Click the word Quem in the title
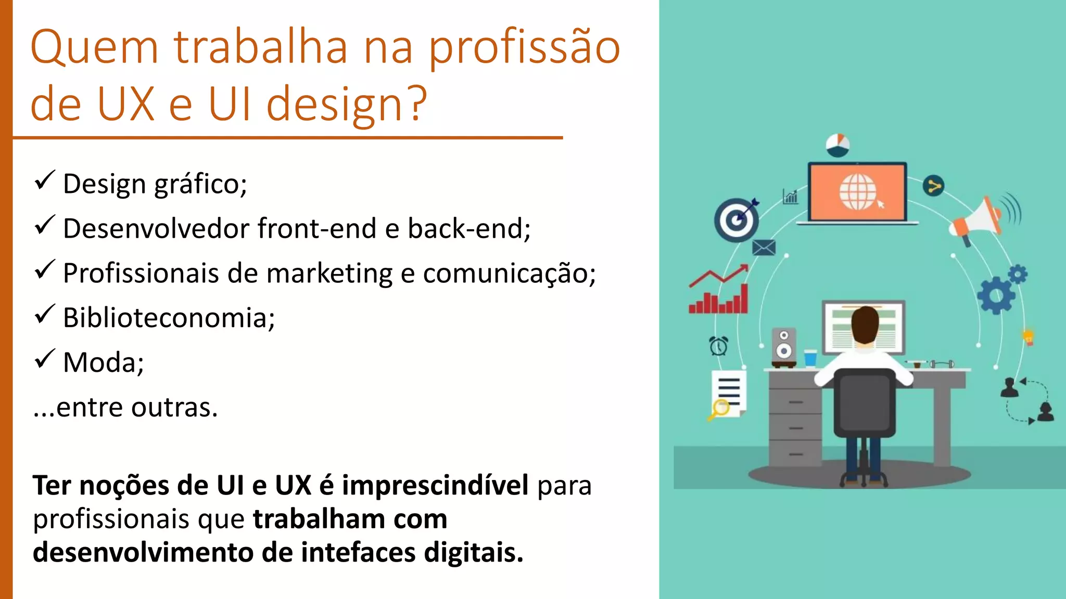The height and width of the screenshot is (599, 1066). [94, 48]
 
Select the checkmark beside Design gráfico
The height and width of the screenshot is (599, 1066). [45, 180]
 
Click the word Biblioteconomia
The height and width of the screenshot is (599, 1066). [168, 318]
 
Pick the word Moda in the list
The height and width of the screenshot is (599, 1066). [103, 362]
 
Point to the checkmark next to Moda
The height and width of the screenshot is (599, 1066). [45, 359]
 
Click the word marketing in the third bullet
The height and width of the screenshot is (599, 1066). [329, 274]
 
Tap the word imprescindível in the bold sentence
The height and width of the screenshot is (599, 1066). [435, 486]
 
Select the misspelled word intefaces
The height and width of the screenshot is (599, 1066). [358, 552]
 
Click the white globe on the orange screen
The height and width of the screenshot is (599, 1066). [857, 191]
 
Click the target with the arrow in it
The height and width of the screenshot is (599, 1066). [735, 219]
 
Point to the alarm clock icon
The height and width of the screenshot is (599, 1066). [719, 346]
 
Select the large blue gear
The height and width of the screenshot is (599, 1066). [996, 296]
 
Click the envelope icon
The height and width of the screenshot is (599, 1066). [764, 248]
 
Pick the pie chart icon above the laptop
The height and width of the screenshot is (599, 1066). [837, 145]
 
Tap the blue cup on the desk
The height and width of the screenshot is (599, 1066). [810, 358]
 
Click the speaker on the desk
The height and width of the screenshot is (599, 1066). [783, 345]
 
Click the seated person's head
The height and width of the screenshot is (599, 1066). [865, 324]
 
